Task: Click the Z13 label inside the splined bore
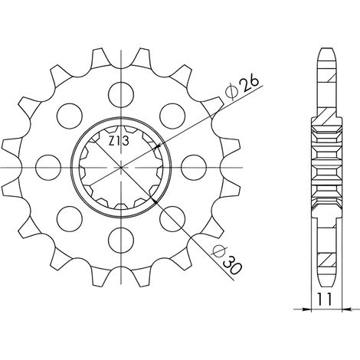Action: click(119, 142)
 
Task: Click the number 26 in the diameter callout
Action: click(250, 83)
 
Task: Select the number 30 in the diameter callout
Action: click(232, 267)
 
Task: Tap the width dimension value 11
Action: click(325, 299)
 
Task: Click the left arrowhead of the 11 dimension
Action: click(307, 309)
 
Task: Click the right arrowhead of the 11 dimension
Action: click(346, 309)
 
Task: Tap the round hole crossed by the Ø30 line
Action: click(172, 219)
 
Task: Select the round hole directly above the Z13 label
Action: click(121, 94)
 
